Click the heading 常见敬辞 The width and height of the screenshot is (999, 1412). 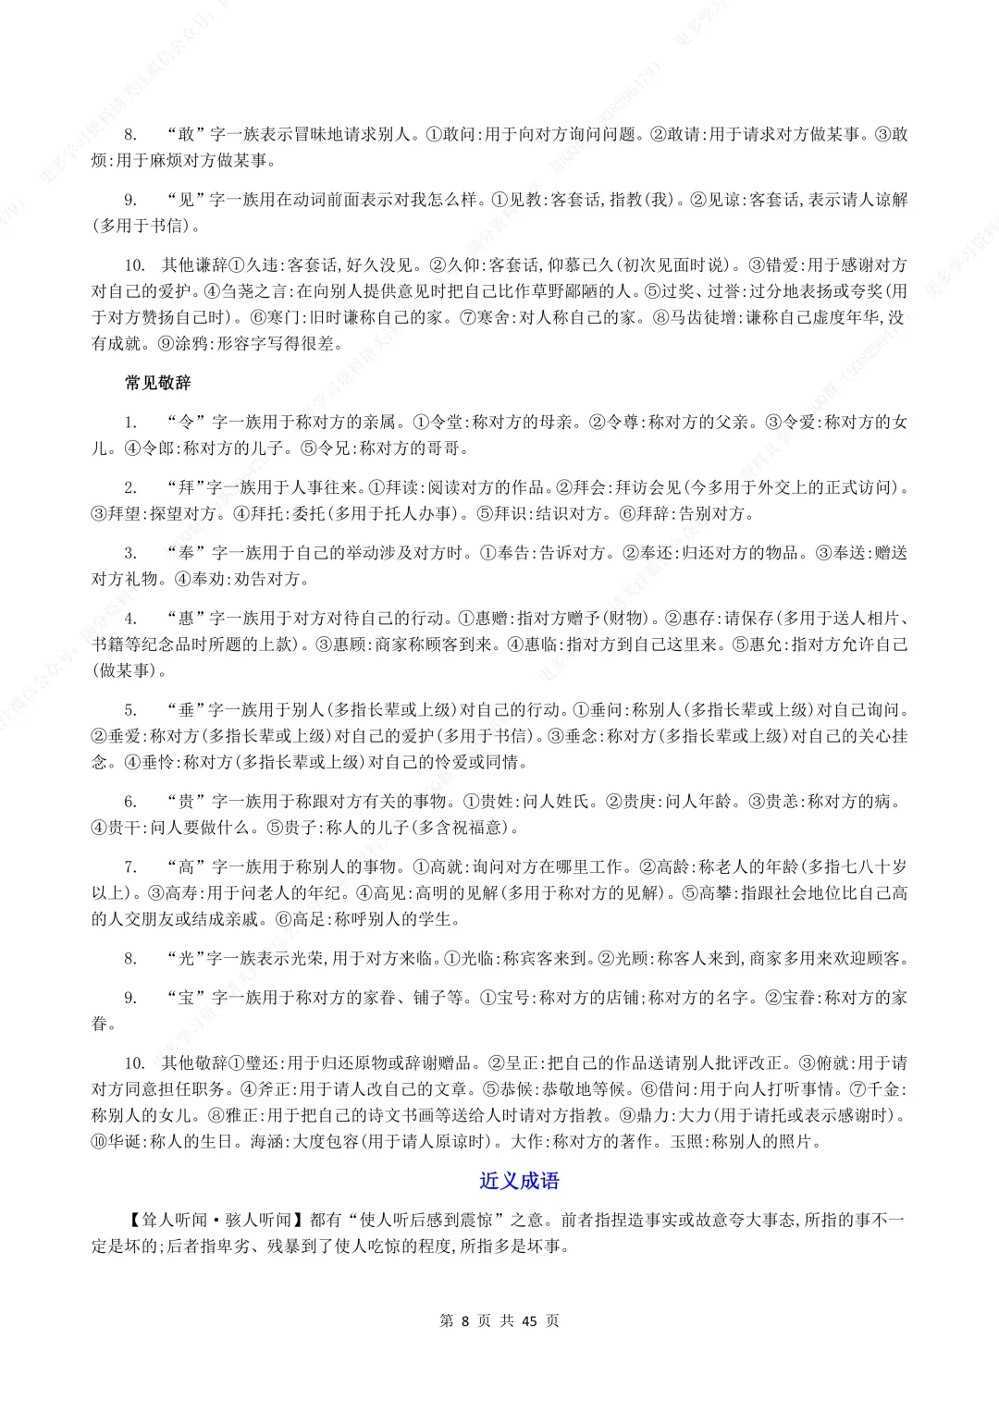click(157, 383)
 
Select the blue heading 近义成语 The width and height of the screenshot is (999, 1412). click(519, 1181)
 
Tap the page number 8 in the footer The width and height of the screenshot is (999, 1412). click(466, 1320)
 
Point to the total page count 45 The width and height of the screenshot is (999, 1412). click(529, 1320)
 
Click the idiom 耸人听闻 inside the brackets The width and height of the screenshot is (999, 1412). click(167, 1221)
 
